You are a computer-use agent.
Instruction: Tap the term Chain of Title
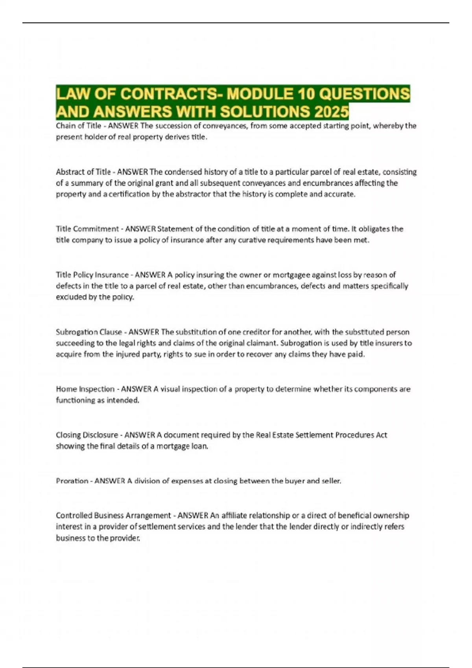pos(79,126)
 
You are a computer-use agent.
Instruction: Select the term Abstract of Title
pos(83,172)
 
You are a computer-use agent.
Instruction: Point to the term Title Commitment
pos(87,229)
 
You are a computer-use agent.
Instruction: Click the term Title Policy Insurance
pos(92,275)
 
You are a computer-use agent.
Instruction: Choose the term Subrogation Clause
pos(89,332)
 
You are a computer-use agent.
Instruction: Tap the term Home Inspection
pos(85,389)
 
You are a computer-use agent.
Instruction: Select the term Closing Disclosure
pos(87,435)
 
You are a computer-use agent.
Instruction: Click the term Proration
pos(72,481)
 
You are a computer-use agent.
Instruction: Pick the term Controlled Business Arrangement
pos(113,515)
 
